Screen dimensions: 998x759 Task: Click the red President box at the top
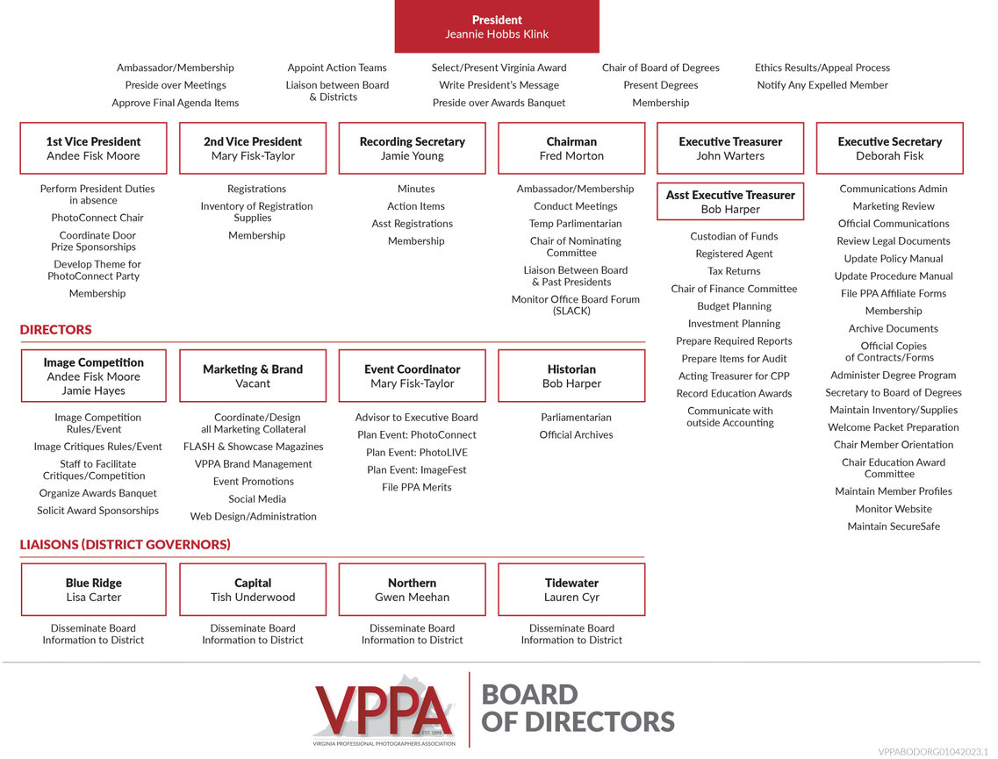pos(497,26)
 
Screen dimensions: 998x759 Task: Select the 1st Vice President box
pos(93,148)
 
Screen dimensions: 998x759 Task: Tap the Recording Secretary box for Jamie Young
pos(412,148)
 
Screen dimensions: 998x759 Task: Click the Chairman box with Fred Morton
pos(571,148)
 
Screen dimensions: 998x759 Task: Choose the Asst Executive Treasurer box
pos(730,202)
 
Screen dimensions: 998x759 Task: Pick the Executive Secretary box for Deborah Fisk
pos(889,148)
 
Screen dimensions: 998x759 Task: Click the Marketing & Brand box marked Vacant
pos(253,376)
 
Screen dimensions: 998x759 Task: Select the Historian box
pos(571,376)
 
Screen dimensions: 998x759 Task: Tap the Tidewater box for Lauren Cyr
pos(571,590)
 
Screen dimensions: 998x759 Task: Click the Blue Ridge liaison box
pos(93,590)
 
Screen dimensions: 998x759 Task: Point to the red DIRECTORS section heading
pos(55,330)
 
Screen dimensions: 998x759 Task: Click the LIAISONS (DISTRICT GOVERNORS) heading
pos(126,545)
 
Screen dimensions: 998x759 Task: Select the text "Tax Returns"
pos(734,271)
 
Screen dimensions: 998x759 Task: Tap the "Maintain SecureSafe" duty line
pos(894,526)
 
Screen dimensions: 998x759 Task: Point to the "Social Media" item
pos(257,499)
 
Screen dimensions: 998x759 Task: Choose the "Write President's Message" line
pos(499,85)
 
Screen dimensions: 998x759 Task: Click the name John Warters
pos(730,156)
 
